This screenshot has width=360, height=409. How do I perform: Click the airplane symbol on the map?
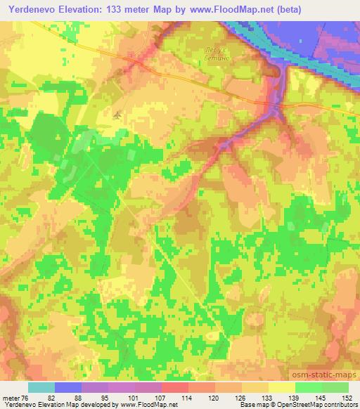pos(117,114)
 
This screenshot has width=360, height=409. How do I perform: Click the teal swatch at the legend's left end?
pos(41,387)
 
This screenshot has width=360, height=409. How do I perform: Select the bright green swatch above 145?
pos(308,387)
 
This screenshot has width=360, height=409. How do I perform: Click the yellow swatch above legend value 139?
pos(281,387)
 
